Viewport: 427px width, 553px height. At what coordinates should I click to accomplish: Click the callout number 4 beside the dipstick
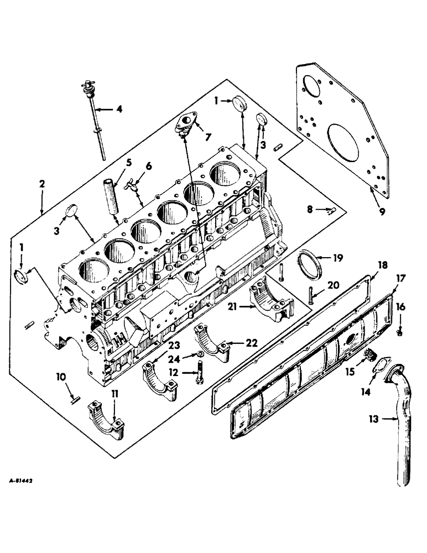tap(119, 109)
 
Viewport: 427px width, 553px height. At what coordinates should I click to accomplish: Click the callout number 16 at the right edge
tap(399, 308)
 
